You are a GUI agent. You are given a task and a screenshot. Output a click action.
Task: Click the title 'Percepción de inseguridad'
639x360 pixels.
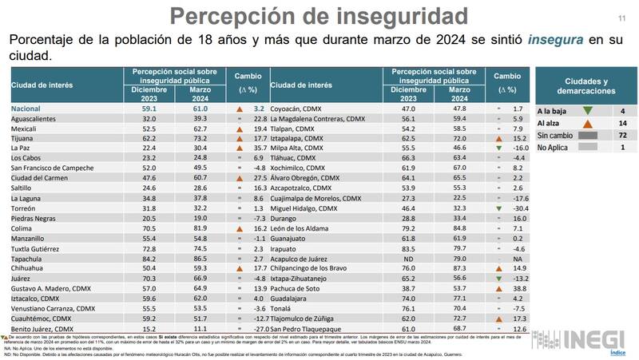[x=319, y=16]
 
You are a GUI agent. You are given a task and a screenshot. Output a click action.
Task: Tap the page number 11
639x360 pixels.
[x=621, y=18]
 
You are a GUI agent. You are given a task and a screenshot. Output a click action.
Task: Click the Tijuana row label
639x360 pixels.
[x=26, y=137]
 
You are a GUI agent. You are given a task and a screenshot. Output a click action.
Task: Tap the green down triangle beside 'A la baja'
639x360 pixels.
[x=588, y=111]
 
